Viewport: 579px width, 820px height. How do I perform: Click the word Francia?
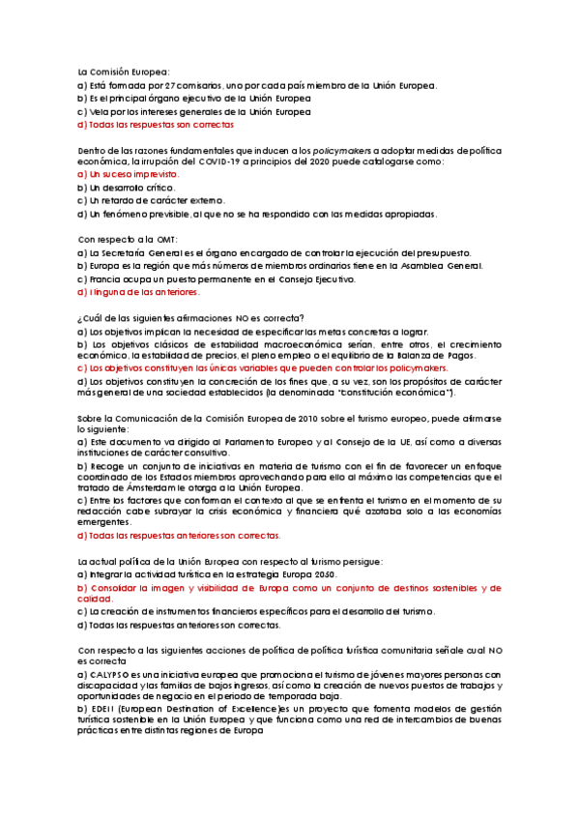point(109,278)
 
